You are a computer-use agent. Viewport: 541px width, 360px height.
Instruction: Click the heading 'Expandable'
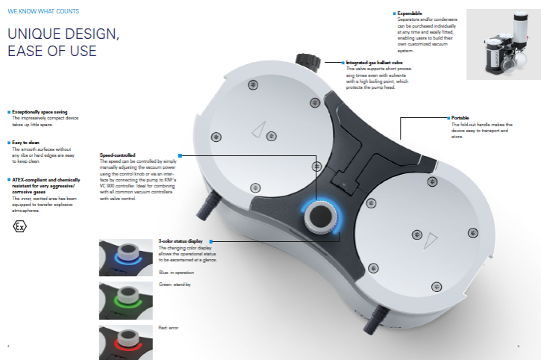click(412, 13)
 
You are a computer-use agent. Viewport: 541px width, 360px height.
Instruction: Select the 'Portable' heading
click(460, 117)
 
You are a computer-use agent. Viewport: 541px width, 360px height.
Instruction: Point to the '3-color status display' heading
click(182, 241)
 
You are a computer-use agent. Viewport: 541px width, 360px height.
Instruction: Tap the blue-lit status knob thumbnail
click(126, 256)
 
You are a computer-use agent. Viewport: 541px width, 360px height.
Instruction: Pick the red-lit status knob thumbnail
click(126, 341)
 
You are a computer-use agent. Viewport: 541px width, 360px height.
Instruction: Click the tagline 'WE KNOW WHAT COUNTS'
click(43, 11)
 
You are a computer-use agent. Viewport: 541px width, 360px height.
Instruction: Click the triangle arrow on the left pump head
click(258, 131)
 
